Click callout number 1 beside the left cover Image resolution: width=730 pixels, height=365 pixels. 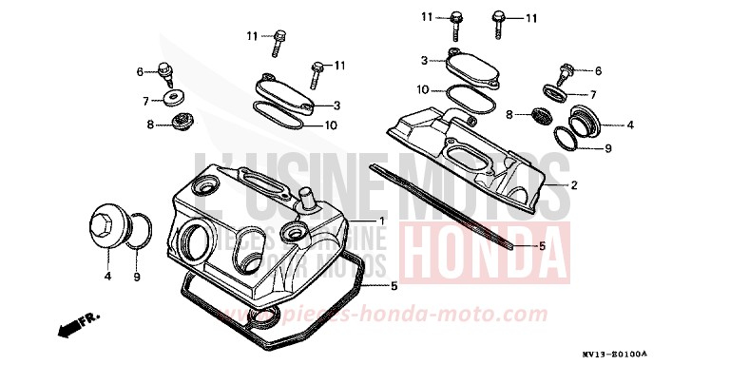click(x=381, y=221)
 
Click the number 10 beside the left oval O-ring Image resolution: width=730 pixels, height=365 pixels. click(x=330, y=125)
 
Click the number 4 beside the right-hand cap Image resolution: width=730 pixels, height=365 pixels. click(x=630, y=124)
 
